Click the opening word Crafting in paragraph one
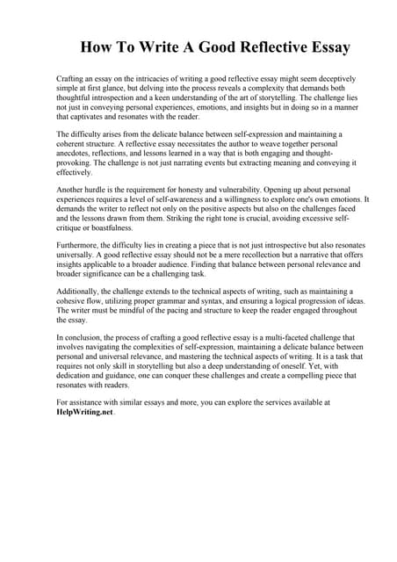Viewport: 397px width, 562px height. click(72, 79)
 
